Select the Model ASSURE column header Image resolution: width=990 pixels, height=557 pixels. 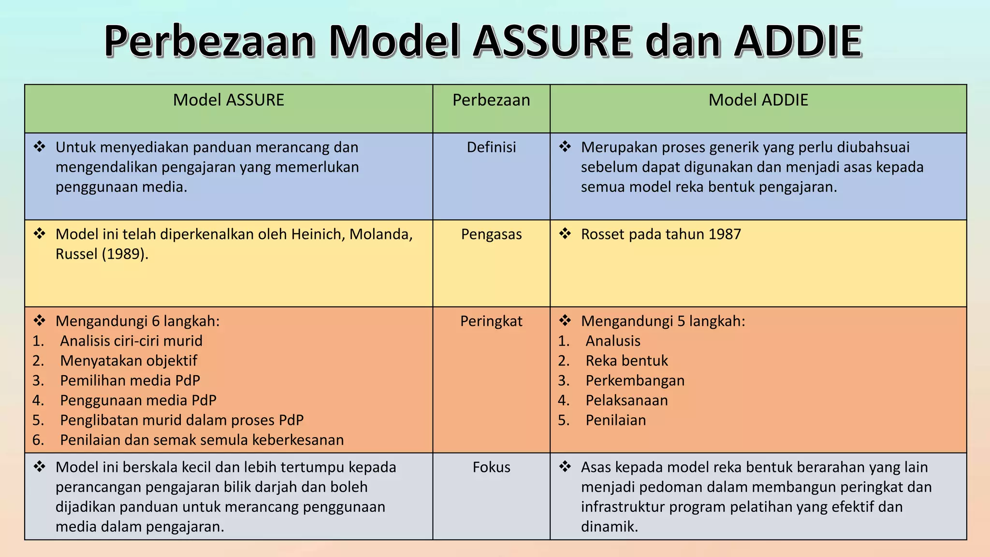[x=228, y=100]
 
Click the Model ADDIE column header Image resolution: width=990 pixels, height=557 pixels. [x=758, y=100]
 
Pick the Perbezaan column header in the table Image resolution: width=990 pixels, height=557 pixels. [x=491, y=100]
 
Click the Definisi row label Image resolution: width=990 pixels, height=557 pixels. [x=491, y=147]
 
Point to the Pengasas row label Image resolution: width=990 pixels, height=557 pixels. [x=491, y=234]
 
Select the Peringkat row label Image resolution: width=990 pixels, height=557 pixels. [x=491, y=321]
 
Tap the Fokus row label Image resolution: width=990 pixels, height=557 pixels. [x=491, y=467]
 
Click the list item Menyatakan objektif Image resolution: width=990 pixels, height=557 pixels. [x=129, y=361]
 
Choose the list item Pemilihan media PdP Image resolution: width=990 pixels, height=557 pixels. [x=130, y=381]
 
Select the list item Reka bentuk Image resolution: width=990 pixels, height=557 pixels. [x=626, y=361]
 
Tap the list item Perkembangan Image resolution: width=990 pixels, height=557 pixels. [x=635, y=381]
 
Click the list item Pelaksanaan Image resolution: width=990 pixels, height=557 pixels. [x=626, y=400]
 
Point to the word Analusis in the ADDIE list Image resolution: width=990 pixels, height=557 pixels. [x=613, y=341]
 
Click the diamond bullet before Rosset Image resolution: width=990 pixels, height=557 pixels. [x=565, y=234]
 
